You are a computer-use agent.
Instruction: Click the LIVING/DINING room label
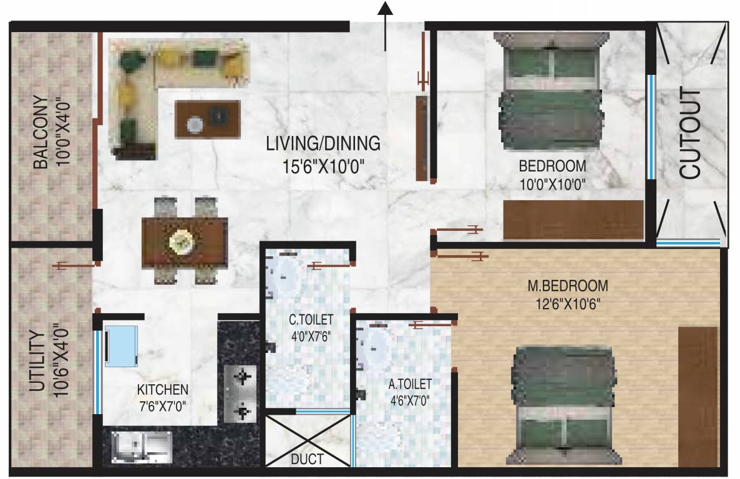click(323, 143)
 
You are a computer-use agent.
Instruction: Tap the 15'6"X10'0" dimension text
click(323, 167)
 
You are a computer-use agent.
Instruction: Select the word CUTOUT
click(691, 134)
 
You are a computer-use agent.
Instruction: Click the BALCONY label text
click(41, 132)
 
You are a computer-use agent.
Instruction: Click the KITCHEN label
click(162, 390)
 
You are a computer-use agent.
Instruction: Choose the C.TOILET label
click(310, 320)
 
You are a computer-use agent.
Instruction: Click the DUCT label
click(307, 460)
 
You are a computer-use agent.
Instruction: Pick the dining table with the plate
click(183, 241)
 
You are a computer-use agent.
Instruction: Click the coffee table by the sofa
click(208, 117)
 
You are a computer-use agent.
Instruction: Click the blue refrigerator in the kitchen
click(123, 345)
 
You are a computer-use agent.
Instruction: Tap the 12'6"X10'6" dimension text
click(567, 304)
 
